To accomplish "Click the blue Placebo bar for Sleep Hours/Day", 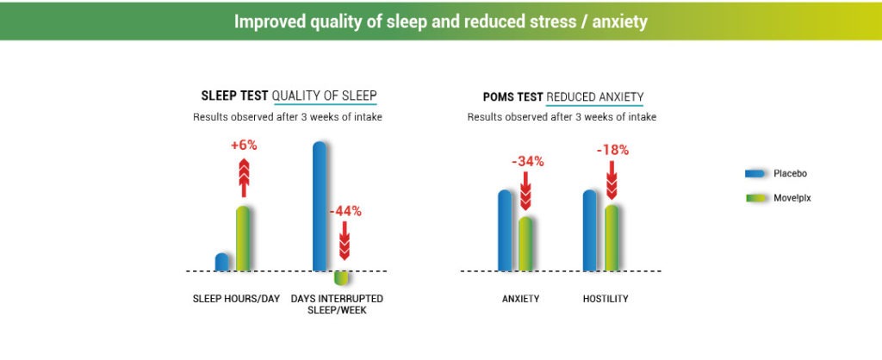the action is pyautogui.click(x=222, y=262).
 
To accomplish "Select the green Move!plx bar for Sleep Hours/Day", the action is pyautogui.click(x=242, y=239).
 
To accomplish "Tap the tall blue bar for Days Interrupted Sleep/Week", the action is pyautogui.click(x=320, y=206).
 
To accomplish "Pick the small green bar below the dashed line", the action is pyautogui.click(x=341, y=278).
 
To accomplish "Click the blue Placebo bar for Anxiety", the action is pyautogui.click(x=505, y=231).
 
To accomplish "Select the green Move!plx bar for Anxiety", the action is pyautogui.click(x=525, y=244).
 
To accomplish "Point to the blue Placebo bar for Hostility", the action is pyautogui.click(x=590, y=231).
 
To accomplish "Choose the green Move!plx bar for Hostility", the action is pyautogui.click(x=611, y=238).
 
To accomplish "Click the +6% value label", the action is pyautogui.click(x=244, y=146).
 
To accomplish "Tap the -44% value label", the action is pyautogui.click(x=345, y=212).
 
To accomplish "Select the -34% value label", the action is pyautogui.click(x=528, y=161).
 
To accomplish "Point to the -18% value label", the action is pyautogui.click(x=612, y=150).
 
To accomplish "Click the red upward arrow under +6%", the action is pyautogui.click(x=244, y=177).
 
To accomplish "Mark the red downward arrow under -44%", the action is pyautogui.click(x=345, y=240).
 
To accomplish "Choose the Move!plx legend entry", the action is pyautogui.click(x=779, y=198).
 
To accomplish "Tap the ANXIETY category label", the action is pyautogui.click(x=520, y=299).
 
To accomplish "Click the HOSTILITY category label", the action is pyautogui.click(x=606, y=299).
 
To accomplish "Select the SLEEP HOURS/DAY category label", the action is pyautogui.click(x=236, y=298).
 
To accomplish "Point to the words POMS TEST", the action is pyautogui.click(x=513, y=96).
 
